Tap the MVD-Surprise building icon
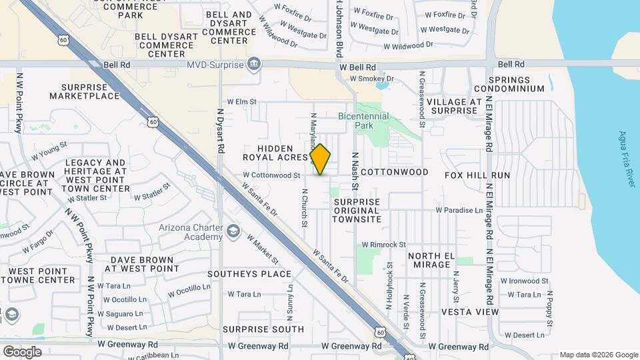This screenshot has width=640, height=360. (253, 65)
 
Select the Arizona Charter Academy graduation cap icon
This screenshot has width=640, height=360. (233, 231)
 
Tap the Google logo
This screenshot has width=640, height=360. (22, 351)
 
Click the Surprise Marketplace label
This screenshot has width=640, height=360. (89, 91)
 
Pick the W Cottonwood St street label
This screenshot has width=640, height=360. (271, 175)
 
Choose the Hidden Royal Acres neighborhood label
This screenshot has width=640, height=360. (276, 153)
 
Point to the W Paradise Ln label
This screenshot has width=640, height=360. (459, 210)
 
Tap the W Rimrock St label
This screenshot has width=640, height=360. (383, 245)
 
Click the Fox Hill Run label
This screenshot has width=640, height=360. (477, 175)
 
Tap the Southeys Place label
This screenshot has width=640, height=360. (249, 274)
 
